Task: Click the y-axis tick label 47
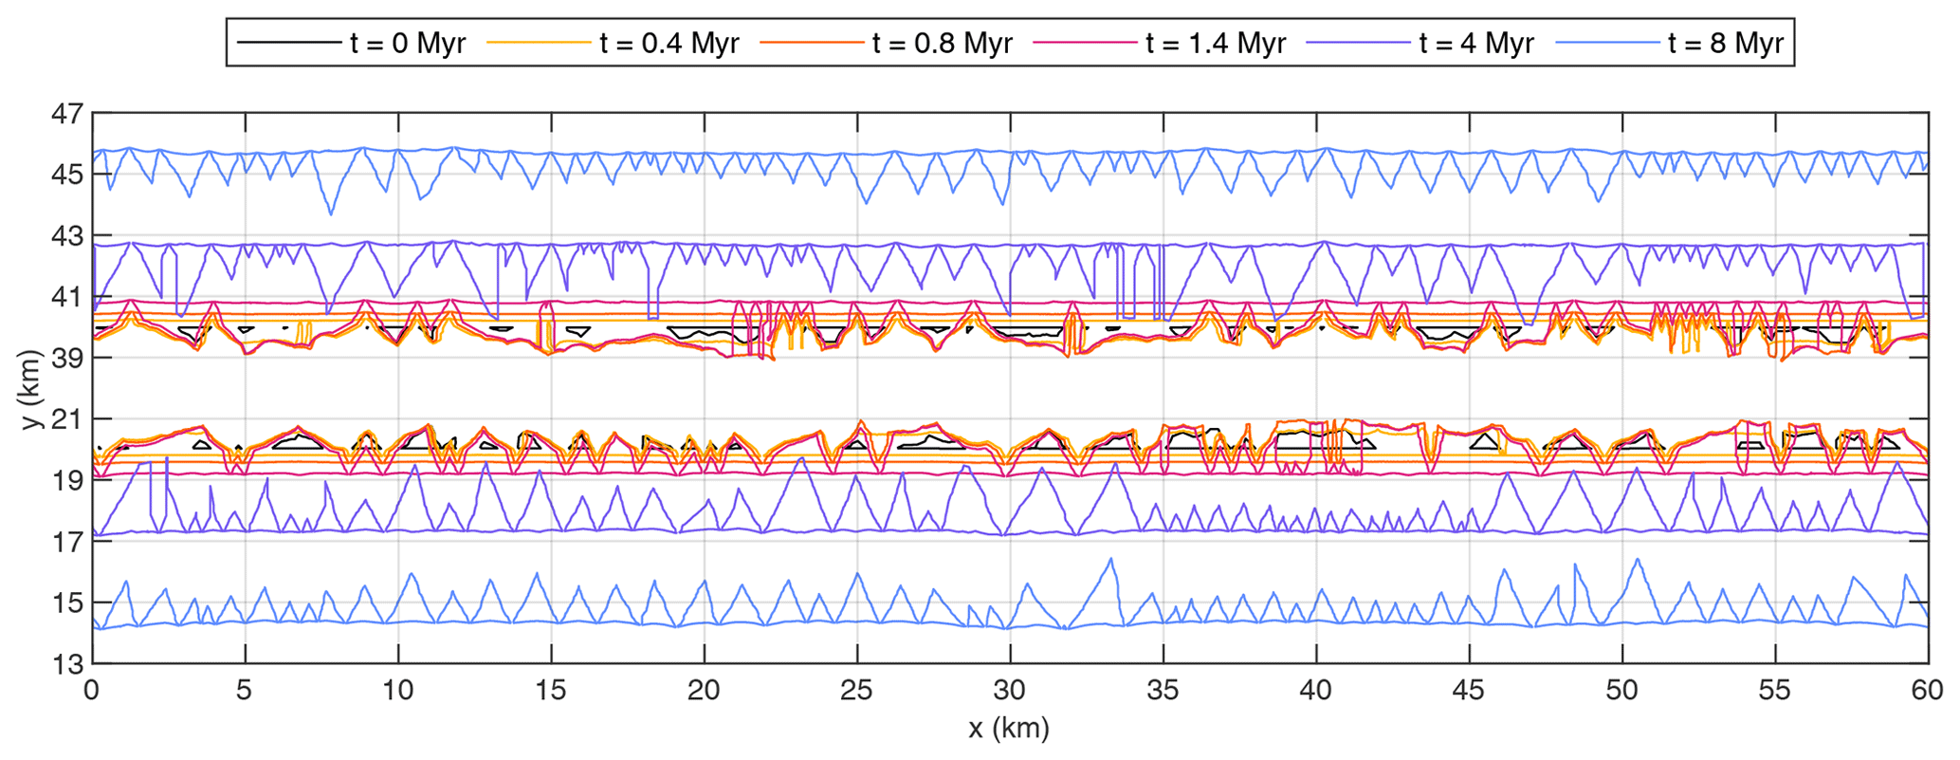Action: pos(67,114)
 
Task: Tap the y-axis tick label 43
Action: pos(67,236)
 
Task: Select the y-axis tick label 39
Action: pos(67,359)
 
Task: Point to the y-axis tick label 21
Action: pos(67,419)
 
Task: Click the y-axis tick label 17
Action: pos(67,542)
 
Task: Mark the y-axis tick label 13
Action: pos(67,664)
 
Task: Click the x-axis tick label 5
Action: pos(245,691)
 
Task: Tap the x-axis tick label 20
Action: pos(704,691)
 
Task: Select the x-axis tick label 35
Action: pos(1163,691)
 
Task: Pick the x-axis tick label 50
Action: pos(1621,691)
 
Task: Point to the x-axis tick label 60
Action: pos(1927,691)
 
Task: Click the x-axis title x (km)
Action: pos(1009,729)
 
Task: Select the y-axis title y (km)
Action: pos(32,389)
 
